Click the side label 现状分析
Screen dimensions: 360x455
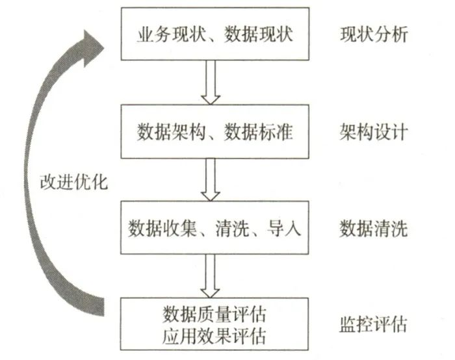pyautogui.click(x=373, y=33)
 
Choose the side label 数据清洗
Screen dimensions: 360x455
pyautogui.click(x=373, y=229)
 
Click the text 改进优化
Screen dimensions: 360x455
pyautogui.click(x=73, y=181)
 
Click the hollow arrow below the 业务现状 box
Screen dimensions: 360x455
pyautogui.click(x=210, y=81)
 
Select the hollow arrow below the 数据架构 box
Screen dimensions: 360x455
pyautogui.click(x=210, y=178)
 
